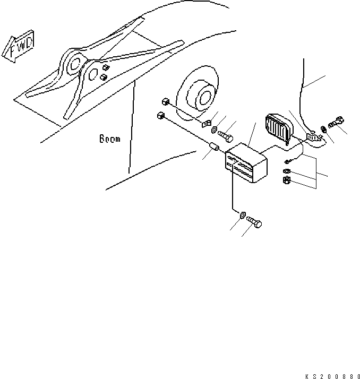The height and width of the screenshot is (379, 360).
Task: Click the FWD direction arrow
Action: tap(17, 48)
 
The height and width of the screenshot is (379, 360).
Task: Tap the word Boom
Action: tap(110, 140)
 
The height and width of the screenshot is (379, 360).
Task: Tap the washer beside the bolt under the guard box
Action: tap(242, 215)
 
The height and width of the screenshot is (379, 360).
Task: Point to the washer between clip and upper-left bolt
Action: tap(213, 130)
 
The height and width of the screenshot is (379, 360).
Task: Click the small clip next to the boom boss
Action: tap(207, 124)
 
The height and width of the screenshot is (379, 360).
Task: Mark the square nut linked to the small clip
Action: tap(165, 101)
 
